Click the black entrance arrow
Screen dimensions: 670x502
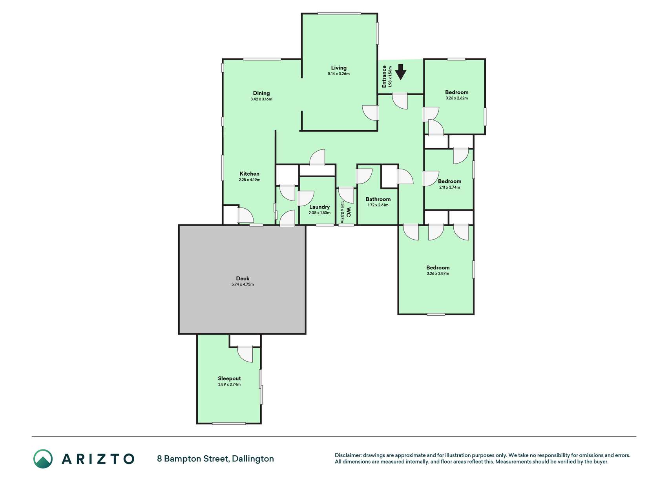[x=400, y=72]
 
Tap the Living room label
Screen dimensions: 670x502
[x=339, y=68]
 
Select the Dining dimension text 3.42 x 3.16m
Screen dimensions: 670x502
[x=261, y=99]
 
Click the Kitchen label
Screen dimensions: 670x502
[x=250, y=174]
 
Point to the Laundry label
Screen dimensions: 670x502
[x=319, y=207]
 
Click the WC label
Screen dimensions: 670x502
[x=349, y=215]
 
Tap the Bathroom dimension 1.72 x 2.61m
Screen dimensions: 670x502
[x=378, y=205]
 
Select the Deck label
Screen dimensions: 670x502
[x=243, y=278]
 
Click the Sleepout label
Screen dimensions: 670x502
[x=230, y=378]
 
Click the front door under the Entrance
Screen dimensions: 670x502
[x=400, y=101]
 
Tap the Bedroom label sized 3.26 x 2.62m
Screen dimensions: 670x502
[x=457, y=93]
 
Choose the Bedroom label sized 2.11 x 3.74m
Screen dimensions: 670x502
[x=450, y=181]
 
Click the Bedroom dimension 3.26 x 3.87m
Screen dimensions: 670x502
[x=438, y=274]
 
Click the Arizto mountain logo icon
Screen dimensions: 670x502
[x=43, y=459]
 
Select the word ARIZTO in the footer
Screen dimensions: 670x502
[x=98, y=459]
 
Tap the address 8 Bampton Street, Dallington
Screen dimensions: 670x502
[x=215, y=459]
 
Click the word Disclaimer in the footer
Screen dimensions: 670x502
[x=348, y=455]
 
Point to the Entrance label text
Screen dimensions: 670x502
[x=384, y=76]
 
